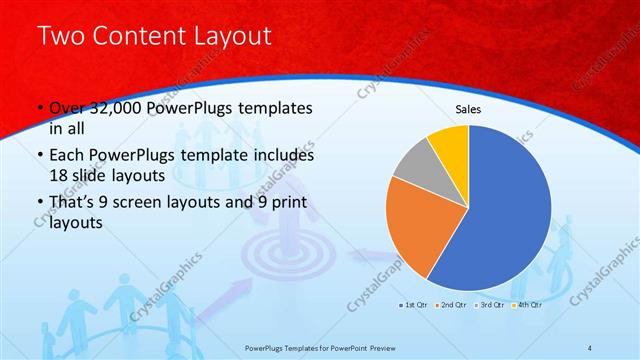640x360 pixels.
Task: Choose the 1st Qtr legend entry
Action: pyautogui.click(x=415, y=303)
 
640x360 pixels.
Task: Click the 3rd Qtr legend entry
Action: pyautogui.click(x=492, y=303)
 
